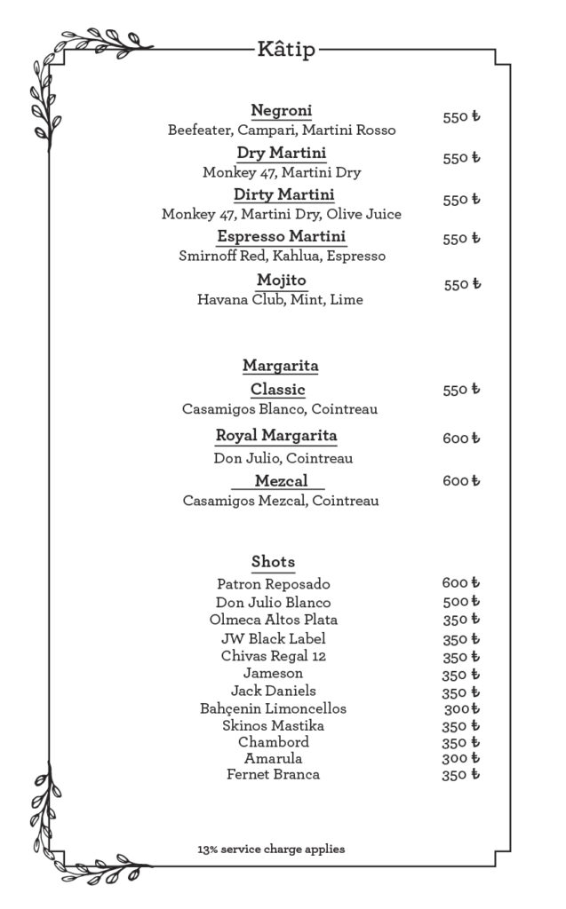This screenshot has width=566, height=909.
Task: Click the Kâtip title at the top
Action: (285, 51)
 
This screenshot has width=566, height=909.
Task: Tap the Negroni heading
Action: (281, 111)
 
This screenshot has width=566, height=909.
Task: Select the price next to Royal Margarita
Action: (461, 438)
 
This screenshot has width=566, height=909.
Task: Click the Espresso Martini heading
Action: (281, 237)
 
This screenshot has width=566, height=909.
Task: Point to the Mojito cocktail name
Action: (281, 281)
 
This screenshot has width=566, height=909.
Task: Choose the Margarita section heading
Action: (281, 366)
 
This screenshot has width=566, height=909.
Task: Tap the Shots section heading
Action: (273, 562)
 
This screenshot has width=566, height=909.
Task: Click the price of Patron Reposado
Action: (460, 583)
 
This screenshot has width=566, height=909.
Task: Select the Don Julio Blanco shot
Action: (273, 602)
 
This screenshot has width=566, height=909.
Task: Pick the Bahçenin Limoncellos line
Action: (273, 708)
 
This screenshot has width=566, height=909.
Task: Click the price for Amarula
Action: (460, 759)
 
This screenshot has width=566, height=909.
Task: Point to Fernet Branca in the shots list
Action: (273, 775)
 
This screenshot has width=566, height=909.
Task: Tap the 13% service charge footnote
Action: (271, 850)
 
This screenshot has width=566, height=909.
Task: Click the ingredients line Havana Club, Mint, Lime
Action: (280, 300)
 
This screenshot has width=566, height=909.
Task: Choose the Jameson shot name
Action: (273, 674)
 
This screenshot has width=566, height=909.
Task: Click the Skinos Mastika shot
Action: (273, 726)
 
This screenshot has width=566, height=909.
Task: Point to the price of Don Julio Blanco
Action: (460, 602)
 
